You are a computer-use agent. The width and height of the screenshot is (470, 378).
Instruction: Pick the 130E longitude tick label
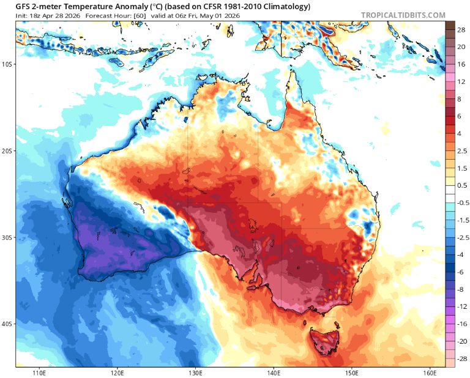(x=196, y=372)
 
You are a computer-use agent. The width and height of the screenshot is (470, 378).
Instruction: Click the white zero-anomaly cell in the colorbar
(x=450, y=194)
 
